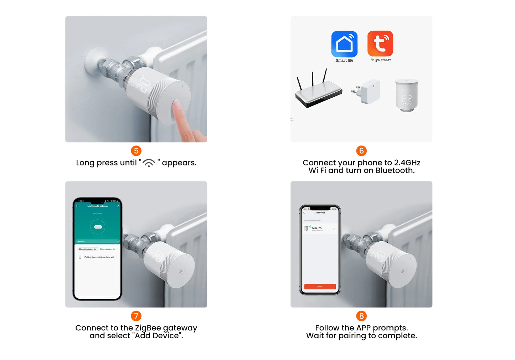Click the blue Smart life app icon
pos(344,44)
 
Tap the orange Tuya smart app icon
pos(380,43)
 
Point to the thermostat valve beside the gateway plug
pos(407,96)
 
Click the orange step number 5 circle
pos(136,151)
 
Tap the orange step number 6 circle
pos(361,151)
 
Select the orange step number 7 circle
pos(136,316)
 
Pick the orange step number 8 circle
pos(361,316)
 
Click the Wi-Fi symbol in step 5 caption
pos(149,163)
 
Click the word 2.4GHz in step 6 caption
pos(407,163)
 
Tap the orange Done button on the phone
pos(320,287)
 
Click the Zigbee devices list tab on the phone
pos(108,249)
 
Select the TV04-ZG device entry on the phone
pos(316,228)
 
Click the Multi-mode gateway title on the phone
pos(97,206)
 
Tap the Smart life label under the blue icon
pos(344,61)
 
